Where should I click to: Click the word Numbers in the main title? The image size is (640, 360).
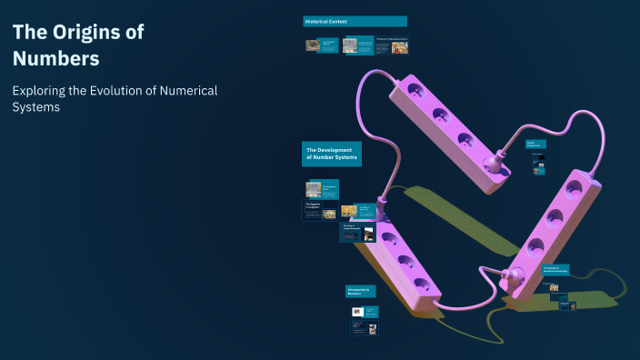coord(55,59)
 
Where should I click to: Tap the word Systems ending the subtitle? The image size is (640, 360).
coord(36,107)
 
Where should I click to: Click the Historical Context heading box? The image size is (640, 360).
coord(355,21)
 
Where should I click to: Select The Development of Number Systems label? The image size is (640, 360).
coord(332,154)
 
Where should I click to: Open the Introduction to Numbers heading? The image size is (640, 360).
coord(360,291)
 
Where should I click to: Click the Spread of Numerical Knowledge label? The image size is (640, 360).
coord(555,270)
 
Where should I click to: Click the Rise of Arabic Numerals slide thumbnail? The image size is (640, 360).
coord(357,232)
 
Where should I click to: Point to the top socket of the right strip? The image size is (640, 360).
coord(574,189)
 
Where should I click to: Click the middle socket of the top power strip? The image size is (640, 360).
coord(441,115)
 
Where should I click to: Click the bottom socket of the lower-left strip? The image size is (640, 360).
coord(420,283)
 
